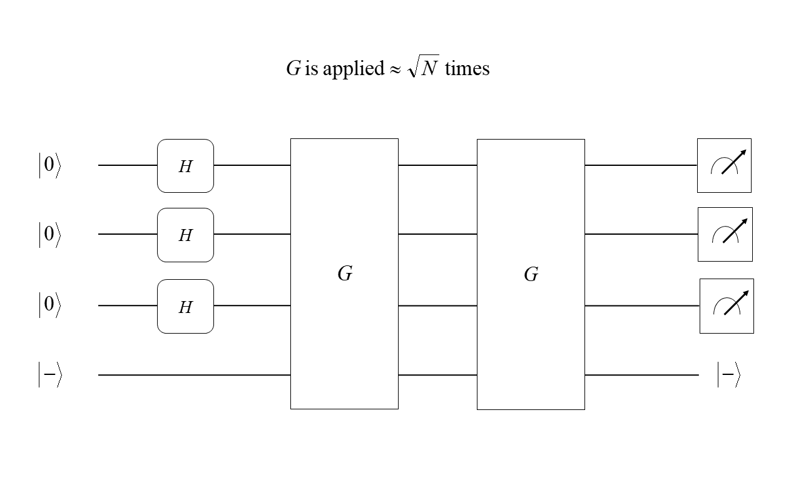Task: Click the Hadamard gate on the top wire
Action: pyautogui.click(x=185, y=166)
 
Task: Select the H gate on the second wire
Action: pyautogui.click(x=185, y=235)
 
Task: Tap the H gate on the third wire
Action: pyautogui.click(x=185, y=307)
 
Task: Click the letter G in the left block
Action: pyautogui.click(x=345, y=274)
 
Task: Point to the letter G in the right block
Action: pyautogui.click(x=531, y=274)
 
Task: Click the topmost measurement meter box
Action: pyautogui.click(x=724, y=165)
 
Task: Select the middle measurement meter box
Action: pyautogui.click(x=725, y=234)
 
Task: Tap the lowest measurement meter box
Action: pyautogui.click(x=727, y=306)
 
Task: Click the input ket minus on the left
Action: pyautogui.click(x=50, y=375)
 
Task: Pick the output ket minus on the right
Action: pyautogui.click(x=728, y=375)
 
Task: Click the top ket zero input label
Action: pyautogui.click(x=49, y=166)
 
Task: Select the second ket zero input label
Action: pyautogui.click(x=49, y=235)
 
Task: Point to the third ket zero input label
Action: pyautogui.click(x=49, y=306)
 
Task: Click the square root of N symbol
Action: pyautogui.click(x=423, y=68)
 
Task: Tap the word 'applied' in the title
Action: pyautogui.click(x=353, y=69)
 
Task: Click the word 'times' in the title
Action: pyautogui.click(x=467, y=68)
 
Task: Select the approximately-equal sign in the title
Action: pyautogui.click(x=395, y=69)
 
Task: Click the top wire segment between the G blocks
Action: pyautogui.click(x=437, y=165)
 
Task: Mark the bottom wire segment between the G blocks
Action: pyautogui.click(x=437, y=375)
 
